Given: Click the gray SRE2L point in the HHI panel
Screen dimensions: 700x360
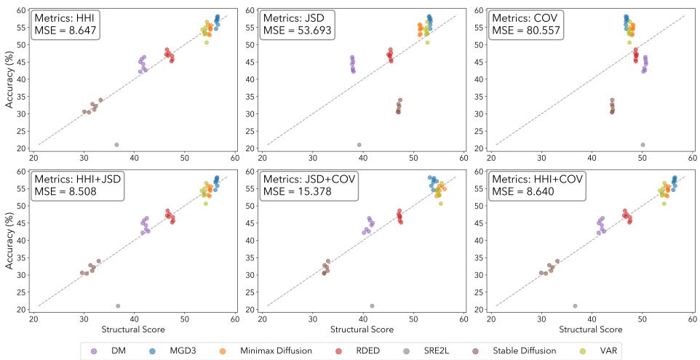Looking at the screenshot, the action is (x=116, y=145).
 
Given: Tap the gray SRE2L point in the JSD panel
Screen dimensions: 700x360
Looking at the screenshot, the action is (x=359, y=145).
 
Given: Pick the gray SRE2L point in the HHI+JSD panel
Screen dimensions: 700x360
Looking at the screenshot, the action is (x=118, y=305).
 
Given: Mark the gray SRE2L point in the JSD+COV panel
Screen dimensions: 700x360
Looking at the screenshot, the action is (x=372, y=305).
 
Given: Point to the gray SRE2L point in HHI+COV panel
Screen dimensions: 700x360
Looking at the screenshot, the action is (x=575, y=305).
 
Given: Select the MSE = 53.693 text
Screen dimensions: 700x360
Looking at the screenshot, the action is (x=297, y=31).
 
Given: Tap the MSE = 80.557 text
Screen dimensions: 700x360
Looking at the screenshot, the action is (x=525, y=31).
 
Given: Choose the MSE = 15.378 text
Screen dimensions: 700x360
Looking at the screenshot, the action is (x=297, y=192).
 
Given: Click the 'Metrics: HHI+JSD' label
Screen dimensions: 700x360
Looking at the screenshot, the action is (x=78, y=180).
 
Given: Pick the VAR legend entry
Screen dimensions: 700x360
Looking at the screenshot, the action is (x=602, y=351).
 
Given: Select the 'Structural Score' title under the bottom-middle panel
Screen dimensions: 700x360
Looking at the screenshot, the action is (x=362, y=329).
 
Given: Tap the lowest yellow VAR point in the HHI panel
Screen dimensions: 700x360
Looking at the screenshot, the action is (x=206, y=42).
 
